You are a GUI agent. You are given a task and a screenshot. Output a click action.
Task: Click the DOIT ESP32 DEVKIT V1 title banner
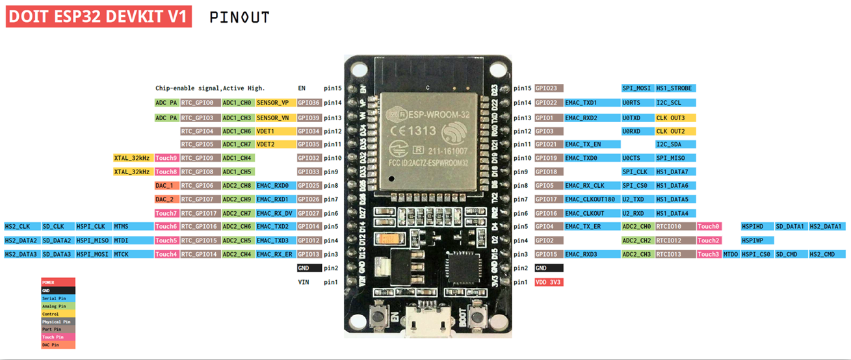click(x=99, y=17)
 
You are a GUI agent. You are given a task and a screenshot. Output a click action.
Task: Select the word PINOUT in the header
click(x=239, y=18)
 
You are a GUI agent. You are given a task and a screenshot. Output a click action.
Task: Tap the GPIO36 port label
click(x=309, y=103)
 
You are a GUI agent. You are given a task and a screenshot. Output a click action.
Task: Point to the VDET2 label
click(x=266, y=144)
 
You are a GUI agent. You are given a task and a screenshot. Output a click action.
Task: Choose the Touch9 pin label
click(x=166, y=158)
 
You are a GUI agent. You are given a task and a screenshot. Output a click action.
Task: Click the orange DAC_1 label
click(x=166, y=186)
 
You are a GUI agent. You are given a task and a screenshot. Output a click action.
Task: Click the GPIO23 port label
click(x=549, y=88)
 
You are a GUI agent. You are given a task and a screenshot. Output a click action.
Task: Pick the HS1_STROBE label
click(x=675, y=88)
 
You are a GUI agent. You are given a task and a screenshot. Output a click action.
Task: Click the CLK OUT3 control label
click(x=675, y=118)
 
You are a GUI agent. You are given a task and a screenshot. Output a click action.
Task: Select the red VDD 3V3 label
click(x=549, y=283)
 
